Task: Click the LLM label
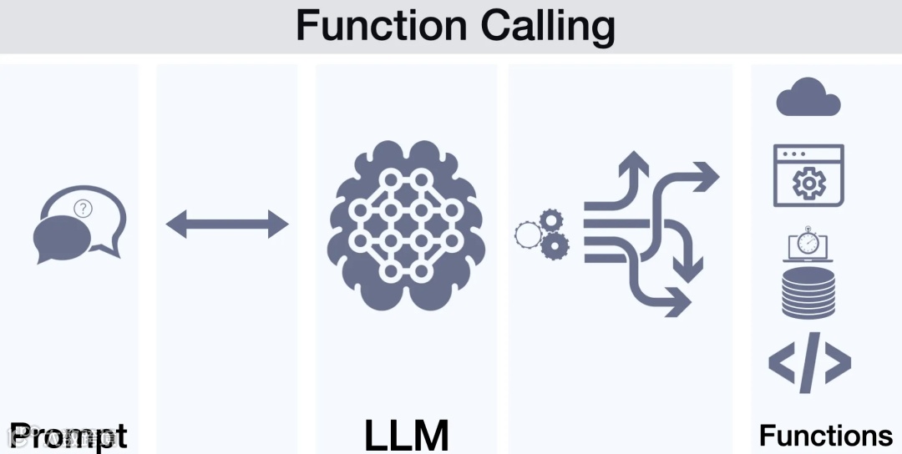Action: [x=407, y=435]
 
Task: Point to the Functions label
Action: [x=825, y=436]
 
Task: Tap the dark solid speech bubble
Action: [x=62, y=237]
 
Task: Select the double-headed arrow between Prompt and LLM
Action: [x=227, y=224]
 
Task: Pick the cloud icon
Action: [x=808, y=98]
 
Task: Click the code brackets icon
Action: [x=808, y=363]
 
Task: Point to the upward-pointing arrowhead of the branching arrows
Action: [x=632, y=160]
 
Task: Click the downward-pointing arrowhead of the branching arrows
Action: [x=688, y=270]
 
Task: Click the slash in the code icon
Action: [x=808, y=363]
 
